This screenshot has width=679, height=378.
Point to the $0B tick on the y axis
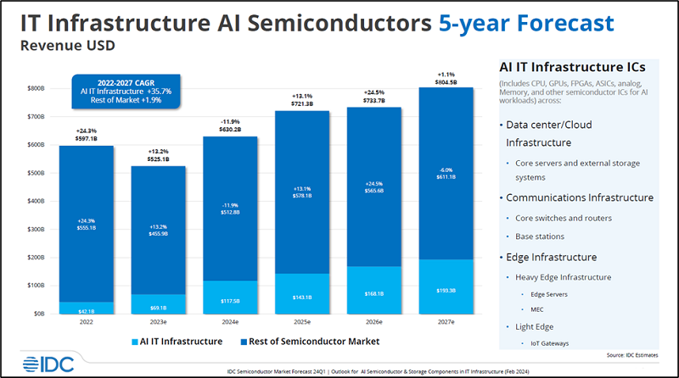pyautogui.click(x=39, y=314)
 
